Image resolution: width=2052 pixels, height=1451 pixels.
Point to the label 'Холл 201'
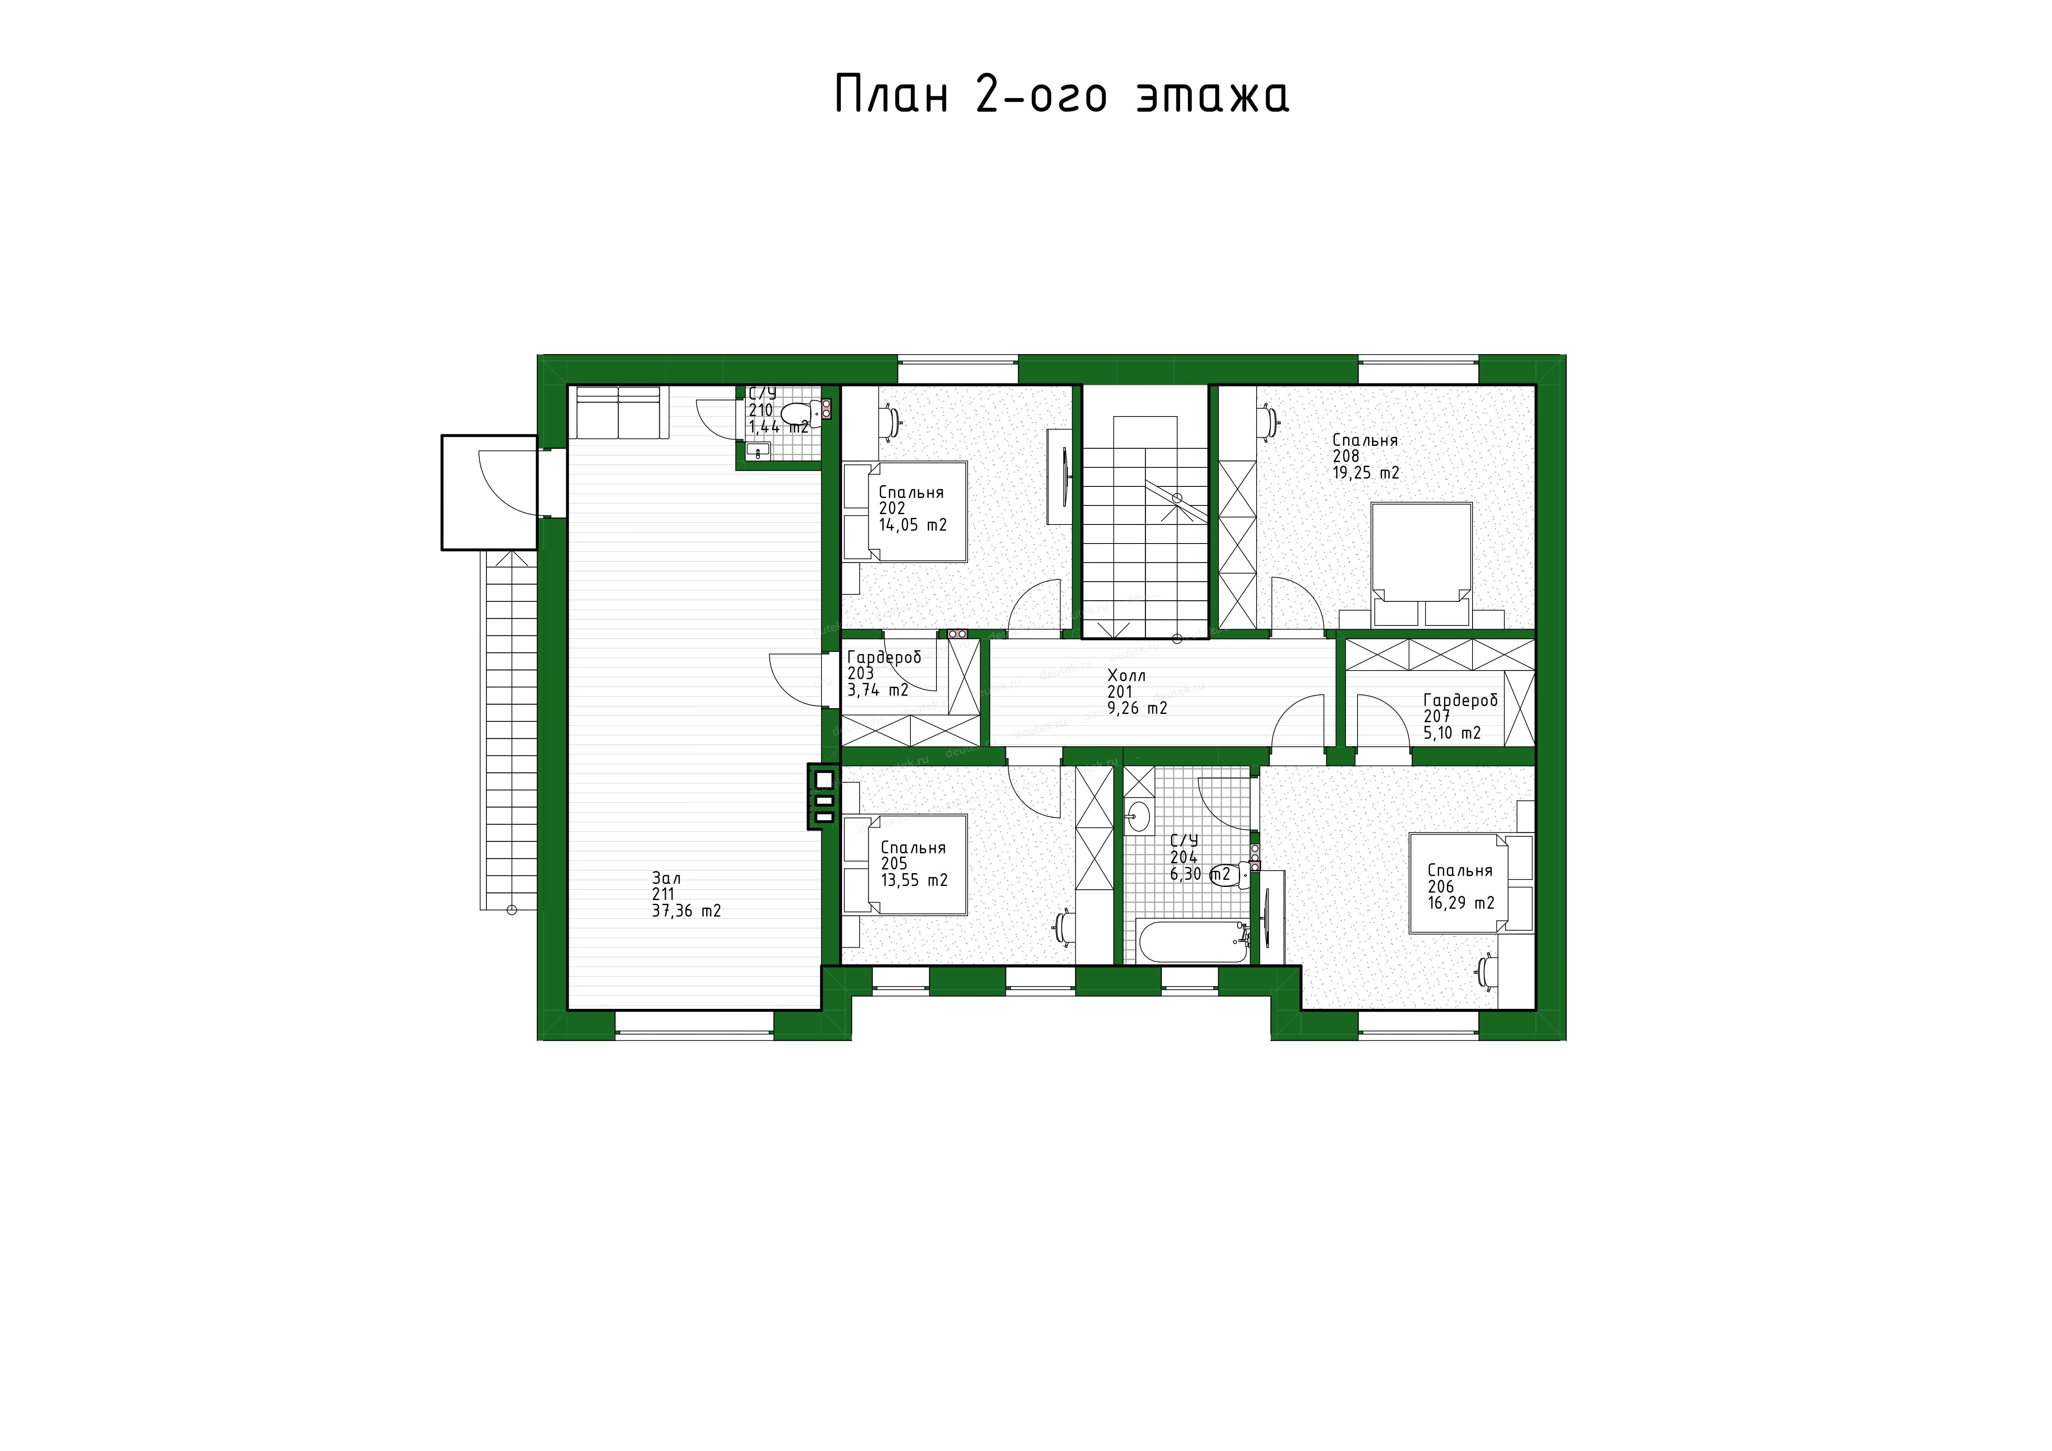tap(1126, 683)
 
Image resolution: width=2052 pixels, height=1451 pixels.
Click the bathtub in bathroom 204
tap(1192, 942)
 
